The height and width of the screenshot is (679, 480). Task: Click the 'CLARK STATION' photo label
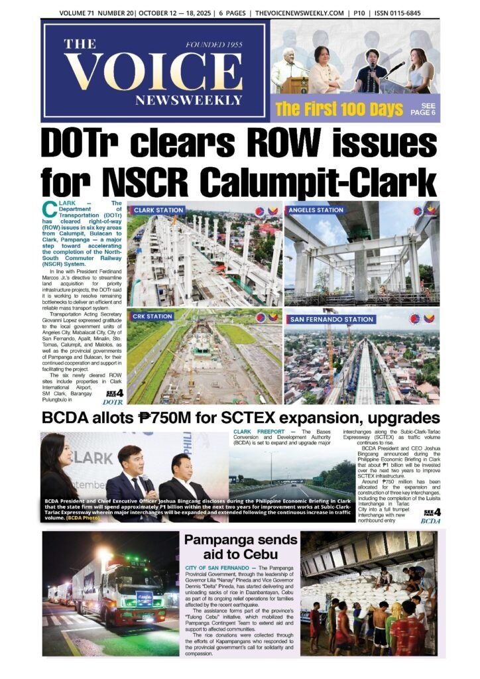point(158,210)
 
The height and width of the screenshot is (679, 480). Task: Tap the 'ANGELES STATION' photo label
point(316,210)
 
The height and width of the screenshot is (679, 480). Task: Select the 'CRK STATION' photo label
point(152,316)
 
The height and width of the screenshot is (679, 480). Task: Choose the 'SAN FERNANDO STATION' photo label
point(331,319)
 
